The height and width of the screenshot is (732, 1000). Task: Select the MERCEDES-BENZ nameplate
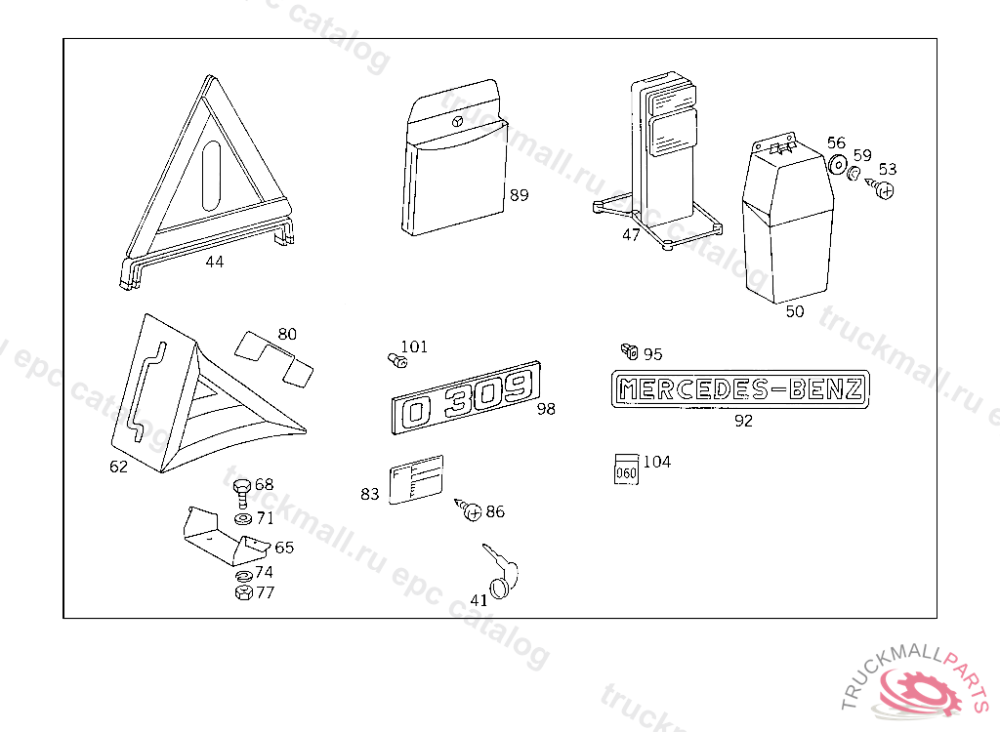(x=740, y=390)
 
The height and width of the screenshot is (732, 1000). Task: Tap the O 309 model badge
(x=467, y=398)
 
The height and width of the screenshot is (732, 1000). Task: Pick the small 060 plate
(x=626, y=468)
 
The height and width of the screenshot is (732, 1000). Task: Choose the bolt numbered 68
(x=242, y=488)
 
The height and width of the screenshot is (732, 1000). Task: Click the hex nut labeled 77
(x=244, y=592)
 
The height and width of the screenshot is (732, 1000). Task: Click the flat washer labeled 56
(x=837, y=165)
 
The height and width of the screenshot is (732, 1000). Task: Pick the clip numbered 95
(x=631, y=350)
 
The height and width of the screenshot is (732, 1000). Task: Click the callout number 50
(x=795, y=312)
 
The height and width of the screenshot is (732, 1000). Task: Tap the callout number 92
(x=743, y=422)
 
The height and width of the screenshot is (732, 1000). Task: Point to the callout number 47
(x=631, y=234)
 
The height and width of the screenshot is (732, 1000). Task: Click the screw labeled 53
(x=884, y=190)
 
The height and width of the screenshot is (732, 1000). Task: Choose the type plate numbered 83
(x=415, y=479)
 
